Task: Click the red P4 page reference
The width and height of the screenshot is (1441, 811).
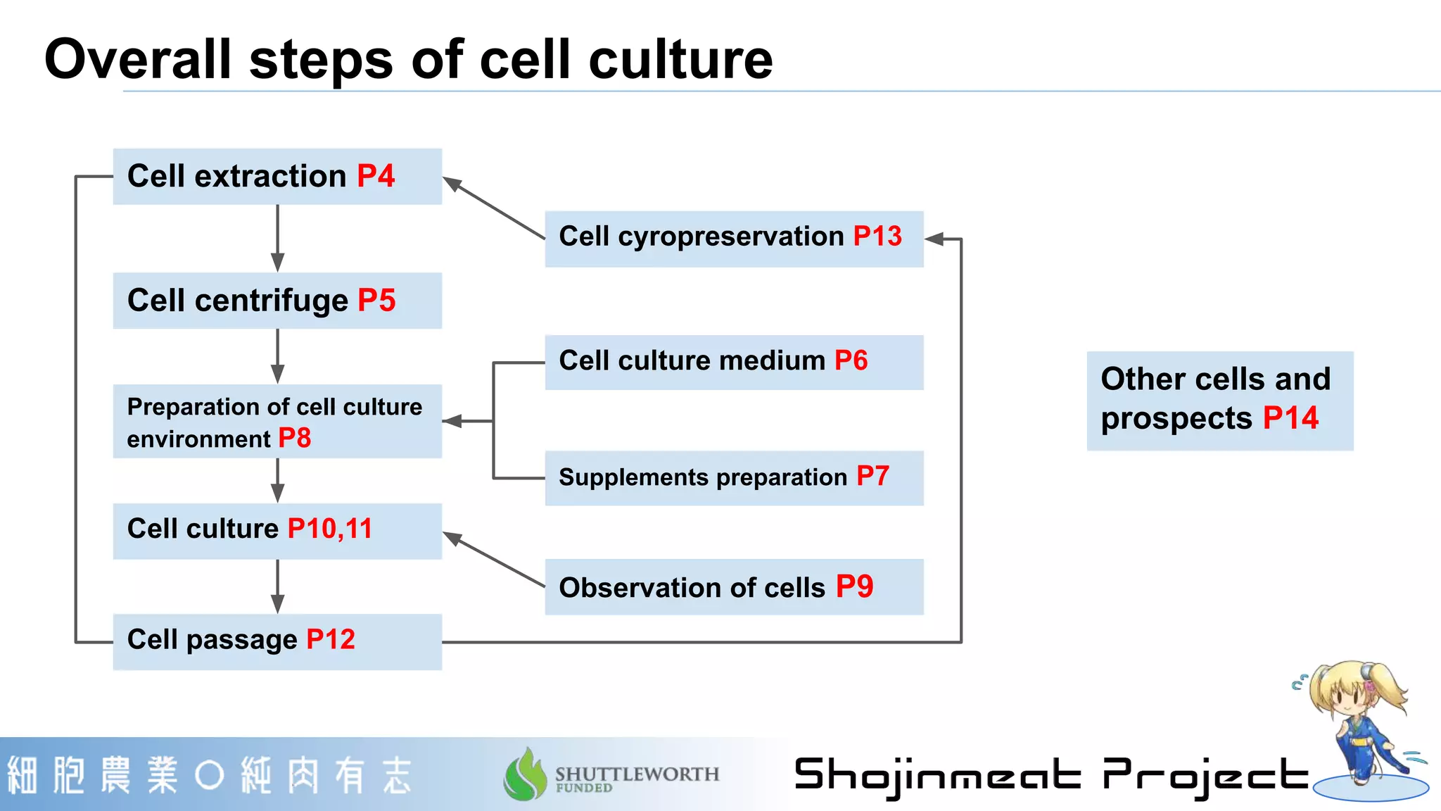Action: (376, 176)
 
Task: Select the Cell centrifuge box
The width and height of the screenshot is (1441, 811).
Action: (277, 301)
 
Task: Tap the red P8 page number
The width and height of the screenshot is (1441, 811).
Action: (294, 439)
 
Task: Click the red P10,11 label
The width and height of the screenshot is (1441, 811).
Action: (329, 529)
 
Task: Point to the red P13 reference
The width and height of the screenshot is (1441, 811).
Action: (877, 237)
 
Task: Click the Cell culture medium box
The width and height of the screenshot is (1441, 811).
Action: (734, 362)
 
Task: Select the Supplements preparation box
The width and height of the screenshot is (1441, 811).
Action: (734, 478)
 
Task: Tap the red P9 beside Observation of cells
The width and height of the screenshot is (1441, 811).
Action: (854, 586)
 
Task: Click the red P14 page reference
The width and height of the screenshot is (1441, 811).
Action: (1290, 418)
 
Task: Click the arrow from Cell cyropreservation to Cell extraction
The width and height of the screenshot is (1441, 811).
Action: (493, 208)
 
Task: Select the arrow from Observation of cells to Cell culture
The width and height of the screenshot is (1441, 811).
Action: (493, 560)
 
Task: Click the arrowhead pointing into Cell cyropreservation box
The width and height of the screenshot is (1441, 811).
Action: (934, 239)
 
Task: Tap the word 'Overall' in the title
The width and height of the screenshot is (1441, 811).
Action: (137, 59)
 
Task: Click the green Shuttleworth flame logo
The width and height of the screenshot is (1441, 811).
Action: (525, 774)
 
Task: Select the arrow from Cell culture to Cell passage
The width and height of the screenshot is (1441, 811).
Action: (278, 586)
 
